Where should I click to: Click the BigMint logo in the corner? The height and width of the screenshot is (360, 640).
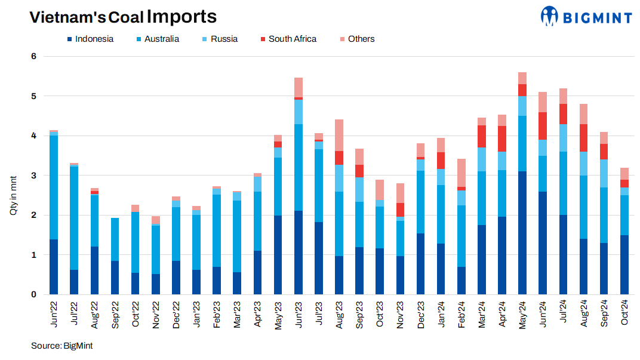[x=586, y=17]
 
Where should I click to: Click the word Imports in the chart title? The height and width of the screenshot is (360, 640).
[x=181, y=17]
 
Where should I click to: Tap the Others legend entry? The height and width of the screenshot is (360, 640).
[x=356, y=39]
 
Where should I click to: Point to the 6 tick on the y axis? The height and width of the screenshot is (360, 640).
[x=34, y=57]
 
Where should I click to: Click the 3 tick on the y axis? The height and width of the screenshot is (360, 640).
[x=34, y=176]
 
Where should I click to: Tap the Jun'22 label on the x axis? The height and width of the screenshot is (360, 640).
[x=54, y=313]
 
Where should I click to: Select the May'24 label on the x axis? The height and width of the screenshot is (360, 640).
[x=523, y=313]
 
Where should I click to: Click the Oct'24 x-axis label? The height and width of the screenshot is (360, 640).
[x=624, y=313]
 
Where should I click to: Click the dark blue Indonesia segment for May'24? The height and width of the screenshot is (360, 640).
[x=522, y=233]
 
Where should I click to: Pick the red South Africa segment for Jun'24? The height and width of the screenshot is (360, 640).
[x=543, y=125]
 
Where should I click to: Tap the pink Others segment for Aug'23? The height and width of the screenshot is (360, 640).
[x=339, y=135]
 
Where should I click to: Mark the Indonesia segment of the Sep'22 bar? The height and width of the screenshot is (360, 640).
[x=115, y=278]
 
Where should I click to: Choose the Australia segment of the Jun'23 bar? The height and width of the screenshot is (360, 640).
[x=299, y=167]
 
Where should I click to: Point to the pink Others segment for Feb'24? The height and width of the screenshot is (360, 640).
[x=461, y=173]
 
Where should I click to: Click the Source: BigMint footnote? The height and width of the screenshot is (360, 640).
[x=61, y=346]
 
